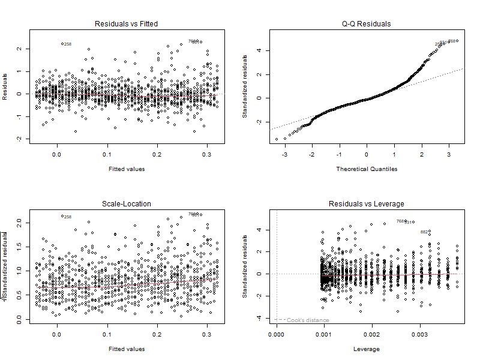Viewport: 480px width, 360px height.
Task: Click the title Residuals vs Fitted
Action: [x=127, y=24]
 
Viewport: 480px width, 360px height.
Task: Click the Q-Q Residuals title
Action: [x=366, y=24]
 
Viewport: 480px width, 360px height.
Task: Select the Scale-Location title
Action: [x=127, y=204]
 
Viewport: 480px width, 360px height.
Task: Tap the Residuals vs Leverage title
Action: [x=366, y=204]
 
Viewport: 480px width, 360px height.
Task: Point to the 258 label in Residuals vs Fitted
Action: [x=68, y=44]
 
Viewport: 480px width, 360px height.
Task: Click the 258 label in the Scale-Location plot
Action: [x=68, y=217]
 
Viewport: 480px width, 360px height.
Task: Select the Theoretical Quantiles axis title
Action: [x=366, y=169]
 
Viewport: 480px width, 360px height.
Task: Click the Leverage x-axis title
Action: [x=366, y=349]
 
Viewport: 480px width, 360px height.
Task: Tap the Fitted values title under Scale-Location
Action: [x=127, y=349]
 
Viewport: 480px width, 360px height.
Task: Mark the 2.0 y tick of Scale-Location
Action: [x=20, y=222]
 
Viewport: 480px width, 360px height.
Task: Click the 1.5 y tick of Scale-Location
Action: [x=20, y=247]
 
